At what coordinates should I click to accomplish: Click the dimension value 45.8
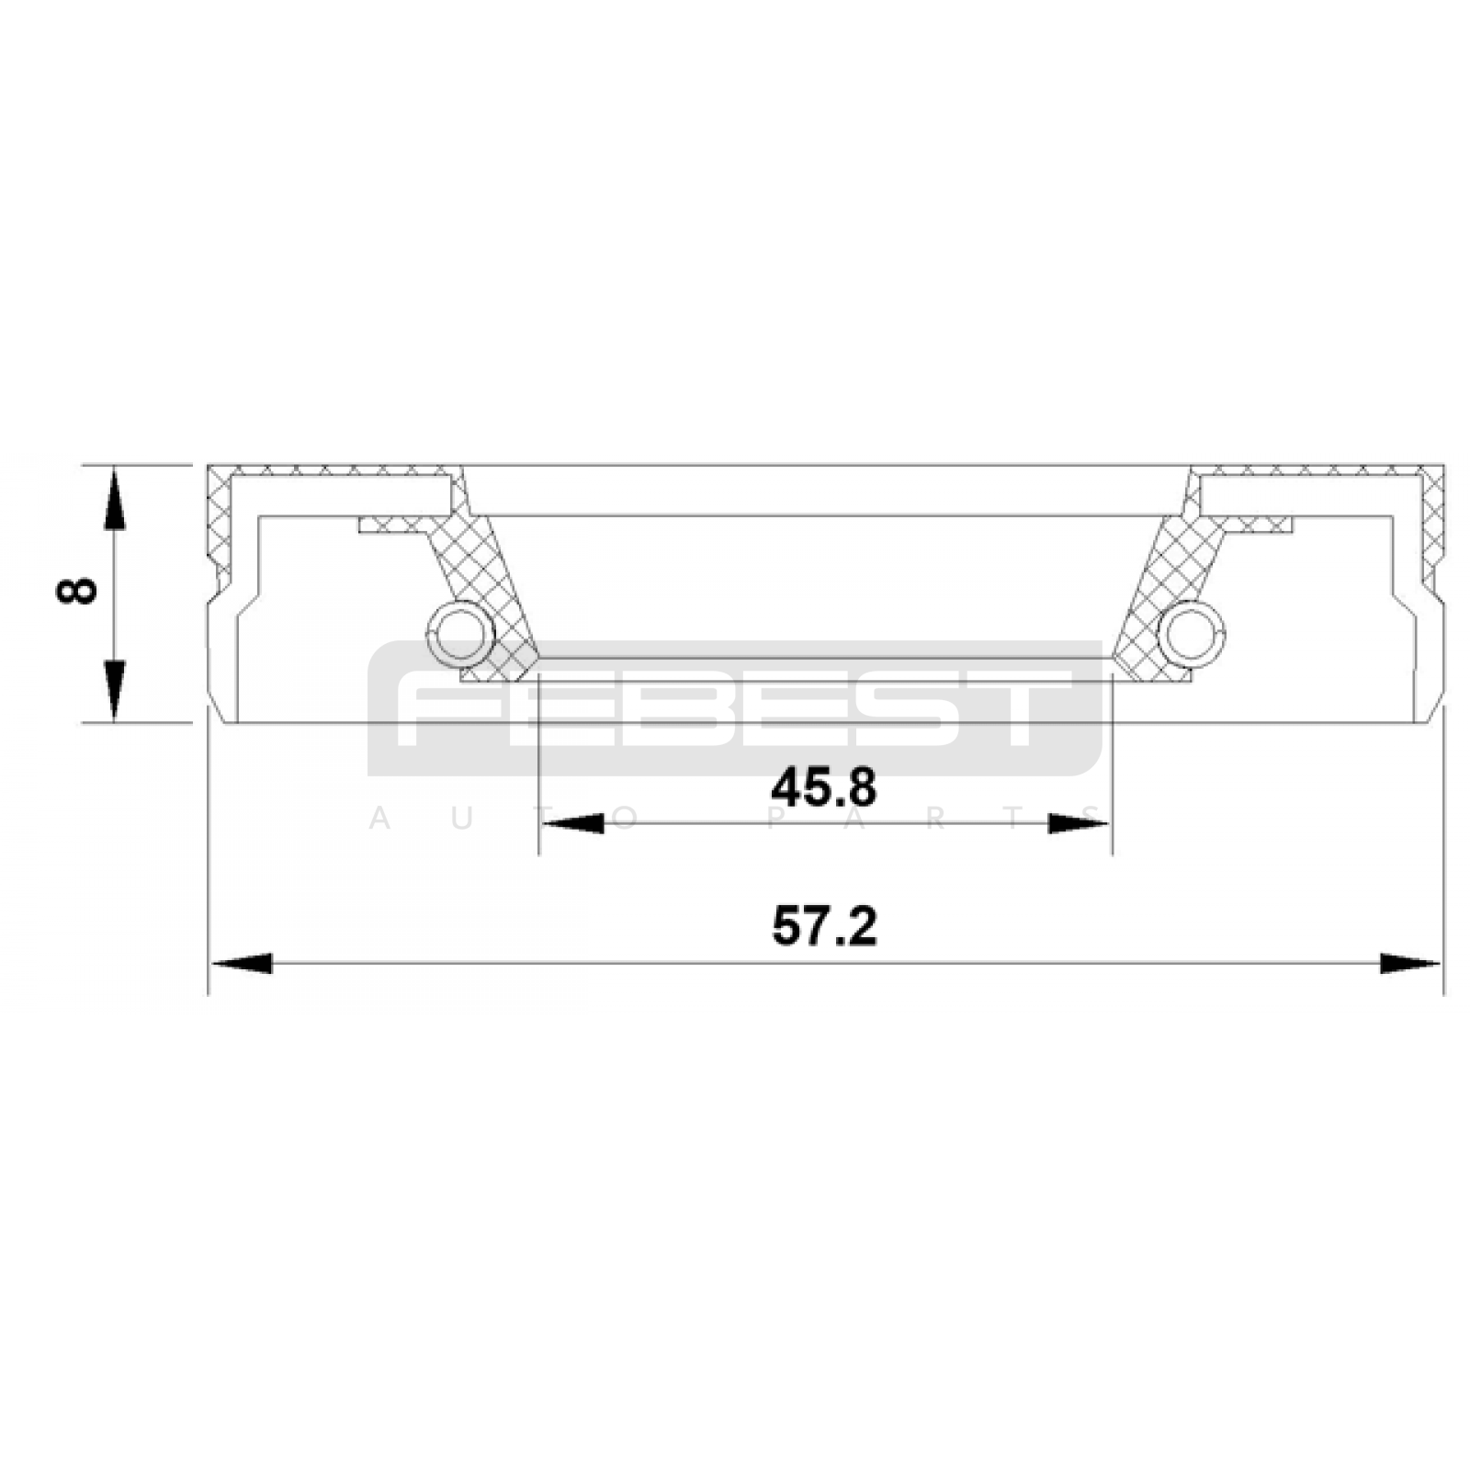click(824, 787)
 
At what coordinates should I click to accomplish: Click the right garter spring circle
click(1192, 633)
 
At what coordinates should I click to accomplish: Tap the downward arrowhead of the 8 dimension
click(113, 690)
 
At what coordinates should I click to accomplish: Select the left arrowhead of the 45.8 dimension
click(572, 823)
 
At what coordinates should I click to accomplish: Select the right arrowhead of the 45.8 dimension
click(1080, 823)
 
